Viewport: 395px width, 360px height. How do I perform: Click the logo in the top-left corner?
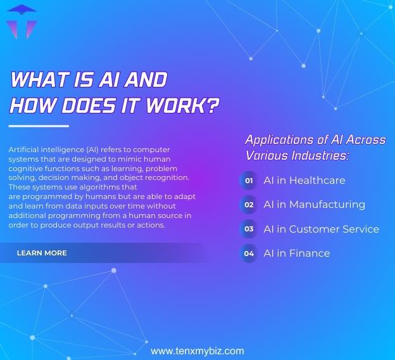coord(20,20)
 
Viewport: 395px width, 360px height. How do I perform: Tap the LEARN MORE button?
coord(42,253)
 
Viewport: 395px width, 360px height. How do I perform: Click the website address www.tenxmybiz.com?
coord(197,350)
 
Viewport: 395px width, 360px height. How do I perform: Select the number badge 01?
coord(249,181)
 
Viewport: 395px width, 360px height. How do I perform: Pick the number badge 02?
coord(249,205)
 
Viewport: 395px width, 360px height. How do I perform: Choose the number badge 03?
coord(249,229)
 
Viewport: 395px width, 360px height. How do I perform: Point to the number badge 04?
coord(249,254)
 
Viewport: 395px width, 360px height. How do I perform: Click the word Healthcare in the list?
coord(316,181)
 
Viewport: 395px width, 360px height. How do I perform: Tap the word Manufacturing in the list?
coord(326,205)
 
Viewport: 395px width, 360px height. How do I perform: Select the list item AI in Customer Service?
coord(321,229)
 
